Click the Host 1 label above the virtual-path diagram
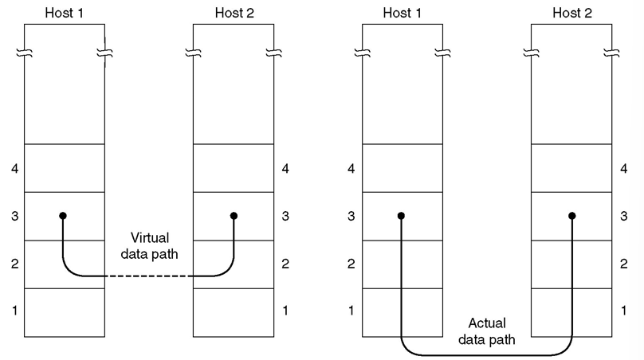pos(64,12)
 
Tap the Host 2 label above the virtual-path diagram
pos(234,12)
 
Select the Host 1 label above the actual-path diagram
pos(402,12)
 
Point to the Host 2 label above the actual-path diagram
pos(571,12)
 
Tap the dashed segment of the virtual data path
pos(148,276)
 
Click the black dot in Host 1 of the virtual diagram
pos(62,216)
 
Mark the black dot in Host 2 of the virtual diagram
pos(234,216)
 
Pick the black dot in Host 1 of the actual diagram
pos(401,216)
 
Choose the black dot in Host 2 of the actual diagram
pos(572,216)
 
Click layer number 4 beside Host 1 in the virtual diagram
pos(14,169)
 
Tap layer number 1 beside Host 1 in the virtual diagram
pos(14,311)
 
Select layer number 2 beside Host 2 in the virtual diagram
pos(285,264)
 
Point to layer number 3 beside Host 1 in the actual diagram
pos(351,217)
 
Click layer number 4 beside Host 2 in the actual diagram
pos(623,169)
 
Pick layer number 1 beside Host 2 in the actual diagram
pos(623,311)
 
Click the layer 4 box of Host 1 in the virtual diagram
pos(64,168)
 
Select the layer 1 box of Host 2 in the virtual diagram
pos(234,311)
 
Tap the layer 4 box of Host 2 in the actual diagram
pos(571,168)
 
